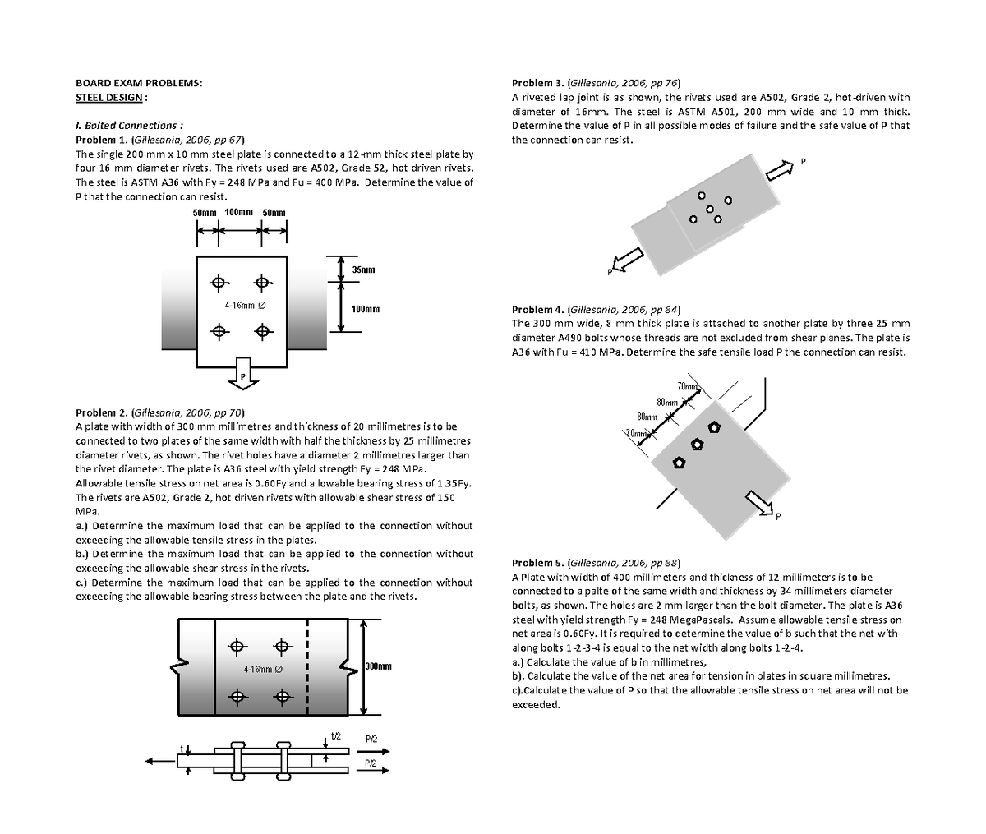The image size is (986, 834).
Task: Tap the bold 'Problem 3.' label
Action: pyautogui.click(x=538, y=83)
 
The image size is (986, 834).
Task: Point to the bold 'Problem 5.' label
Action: pyautogui.click(x=538, y=563)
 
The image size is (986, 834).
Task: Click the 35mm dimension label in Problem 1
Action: pyautogui.click(x=363, y=270)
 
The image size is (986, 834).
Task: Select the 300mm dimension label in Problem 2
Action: pyautogui.click(x=377, y=666)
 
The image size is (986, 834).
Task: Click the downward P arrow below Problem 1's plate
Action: pyautogui.click(x=242, y=371)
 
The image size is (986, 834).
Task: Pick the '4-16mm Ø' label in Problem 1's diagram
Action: pyautogui.click(x=245, y=306)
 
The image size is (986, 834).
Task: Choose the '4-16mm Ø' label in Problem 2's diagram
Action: pyautogui.click(x=264, y=670)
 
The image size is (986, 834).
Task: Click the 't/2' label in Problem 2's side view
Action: pyautogui.click(x=335, y=735)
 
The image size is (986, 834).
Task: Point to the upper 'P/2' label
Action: pyautogui.click(x=371, y=740)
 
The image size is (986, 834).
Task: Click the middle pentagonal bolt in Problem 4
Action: pyautogui.click(x=697, y=445)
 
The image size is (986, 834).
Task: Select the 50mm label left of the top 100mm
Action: pyautogui.click(x=204, y=213)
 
